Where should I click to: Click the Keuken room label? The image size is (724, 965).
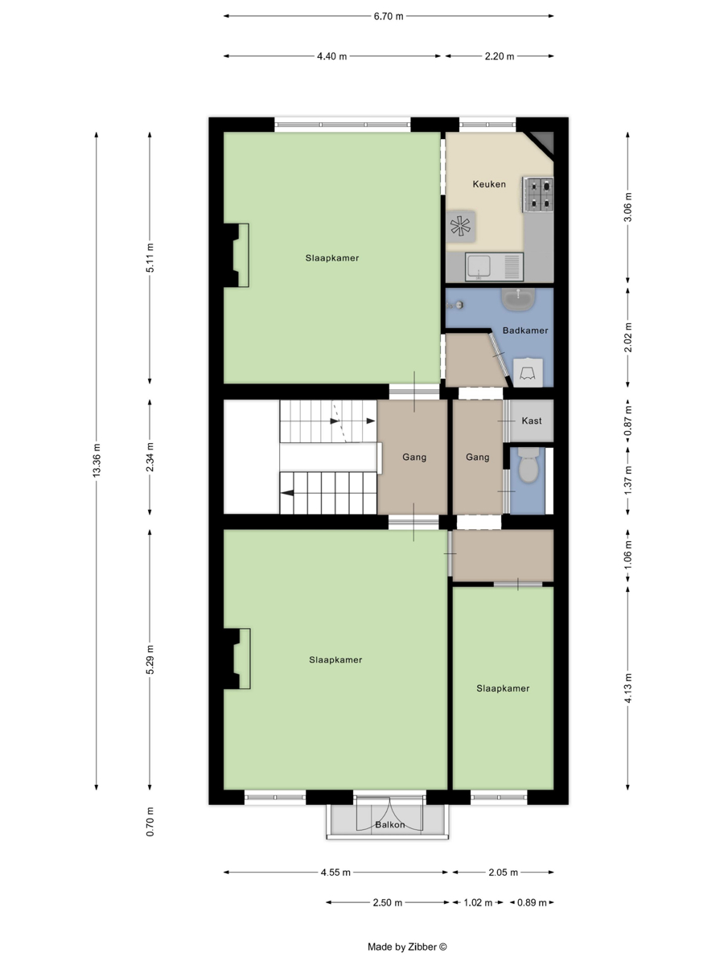click(489, 184)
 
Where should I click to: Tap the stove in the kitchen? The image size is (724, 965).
click(538, 195)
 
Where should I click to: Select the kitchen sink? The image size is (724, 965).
click(494, 267)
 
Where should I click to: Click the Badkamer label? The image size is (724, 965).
click(525, 331)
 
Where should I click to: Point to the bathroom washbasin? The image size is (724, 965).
click(519, 300)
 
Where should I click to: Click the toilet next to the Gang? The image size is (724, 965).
click(528, 465)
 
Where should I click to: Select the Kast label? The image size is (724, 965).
click(532, 421)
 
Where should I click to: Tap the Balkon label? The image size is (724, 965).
click(390, 825)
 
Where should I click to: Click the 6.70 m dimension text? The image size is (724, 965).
click(389, 16)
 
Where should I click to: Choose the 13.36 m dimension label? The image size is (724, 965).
click(97, 460)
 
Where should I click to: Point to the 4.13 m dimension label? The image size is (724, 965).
click(628, 688)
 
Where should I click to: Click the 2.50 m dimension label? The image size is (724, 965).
click(387, 902)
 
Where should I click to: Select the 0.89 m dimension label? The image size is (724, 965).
click(532, 902)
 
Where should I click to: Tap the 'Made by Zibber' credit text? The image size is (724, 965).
click(407, 947)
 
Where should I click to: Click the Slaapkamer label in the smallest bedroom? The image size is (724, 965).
click(503, 688)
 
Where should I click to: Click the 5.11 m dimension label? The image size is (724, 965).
click(150, 257)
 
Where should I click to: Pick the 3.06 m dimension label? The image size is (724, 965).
click(628, 207)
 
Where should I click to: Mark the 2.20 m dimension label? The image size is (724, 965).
click(500, 56)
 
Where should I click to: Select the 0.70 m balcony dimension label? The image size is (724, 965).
click(150, 822)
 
